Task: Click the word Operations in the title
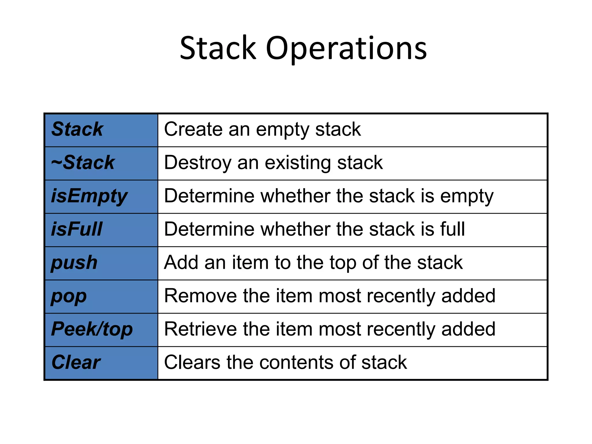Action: click(346, 49)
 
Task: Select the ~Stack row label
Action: click(83, 162)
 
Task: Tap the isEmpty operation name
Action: click(89, 196)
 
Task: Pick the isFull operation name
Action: click(77, 229)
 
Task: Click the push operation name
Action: click(74, 263)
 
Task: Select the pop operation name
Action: click(69, 296)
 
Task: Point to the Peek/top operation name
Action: click(92, 329)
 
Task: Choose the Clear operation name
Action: click(76, 362)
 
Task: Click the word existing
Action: click(298, 163)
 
